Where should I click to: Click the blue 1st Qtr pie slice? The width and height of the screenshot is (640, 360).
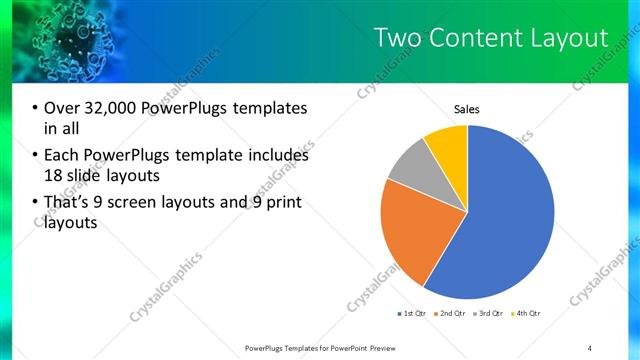pyautogui.click(x=500, y=220)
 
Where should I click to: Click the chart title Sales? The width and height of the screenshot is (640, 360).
pyautogui.click(x=467, y=108)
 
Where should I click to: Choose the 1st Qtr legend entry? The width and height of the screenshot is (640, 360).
pyautogui.click(x=413, y=314)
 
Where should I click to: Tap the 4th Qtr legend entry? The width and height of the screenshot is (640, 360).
pyautogui.click(x=527, y=314)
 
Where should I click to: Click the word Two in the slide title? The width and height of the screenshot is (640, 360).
pyautogui.click(x=396, y=38)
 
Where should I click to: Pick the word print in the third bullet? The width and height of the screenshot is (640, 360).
pyautogui.click(x=284, y=204)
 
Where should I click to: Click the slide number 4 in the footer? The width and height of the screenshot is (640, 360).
pyautogui.click(x=590, y=346)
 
